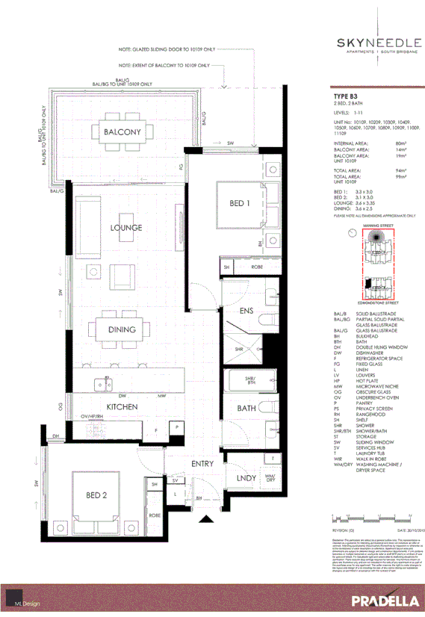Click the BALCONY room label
point(122,132)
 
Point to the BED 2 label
point(98,495)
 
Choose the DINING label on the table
point(121,329)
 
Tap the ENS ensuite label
point(247,311)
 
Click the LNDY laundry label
point(246,479)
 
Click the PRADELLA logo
point(380,601)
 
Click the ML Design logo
point(28,602)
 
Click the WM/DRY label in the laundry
point(270,477)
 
